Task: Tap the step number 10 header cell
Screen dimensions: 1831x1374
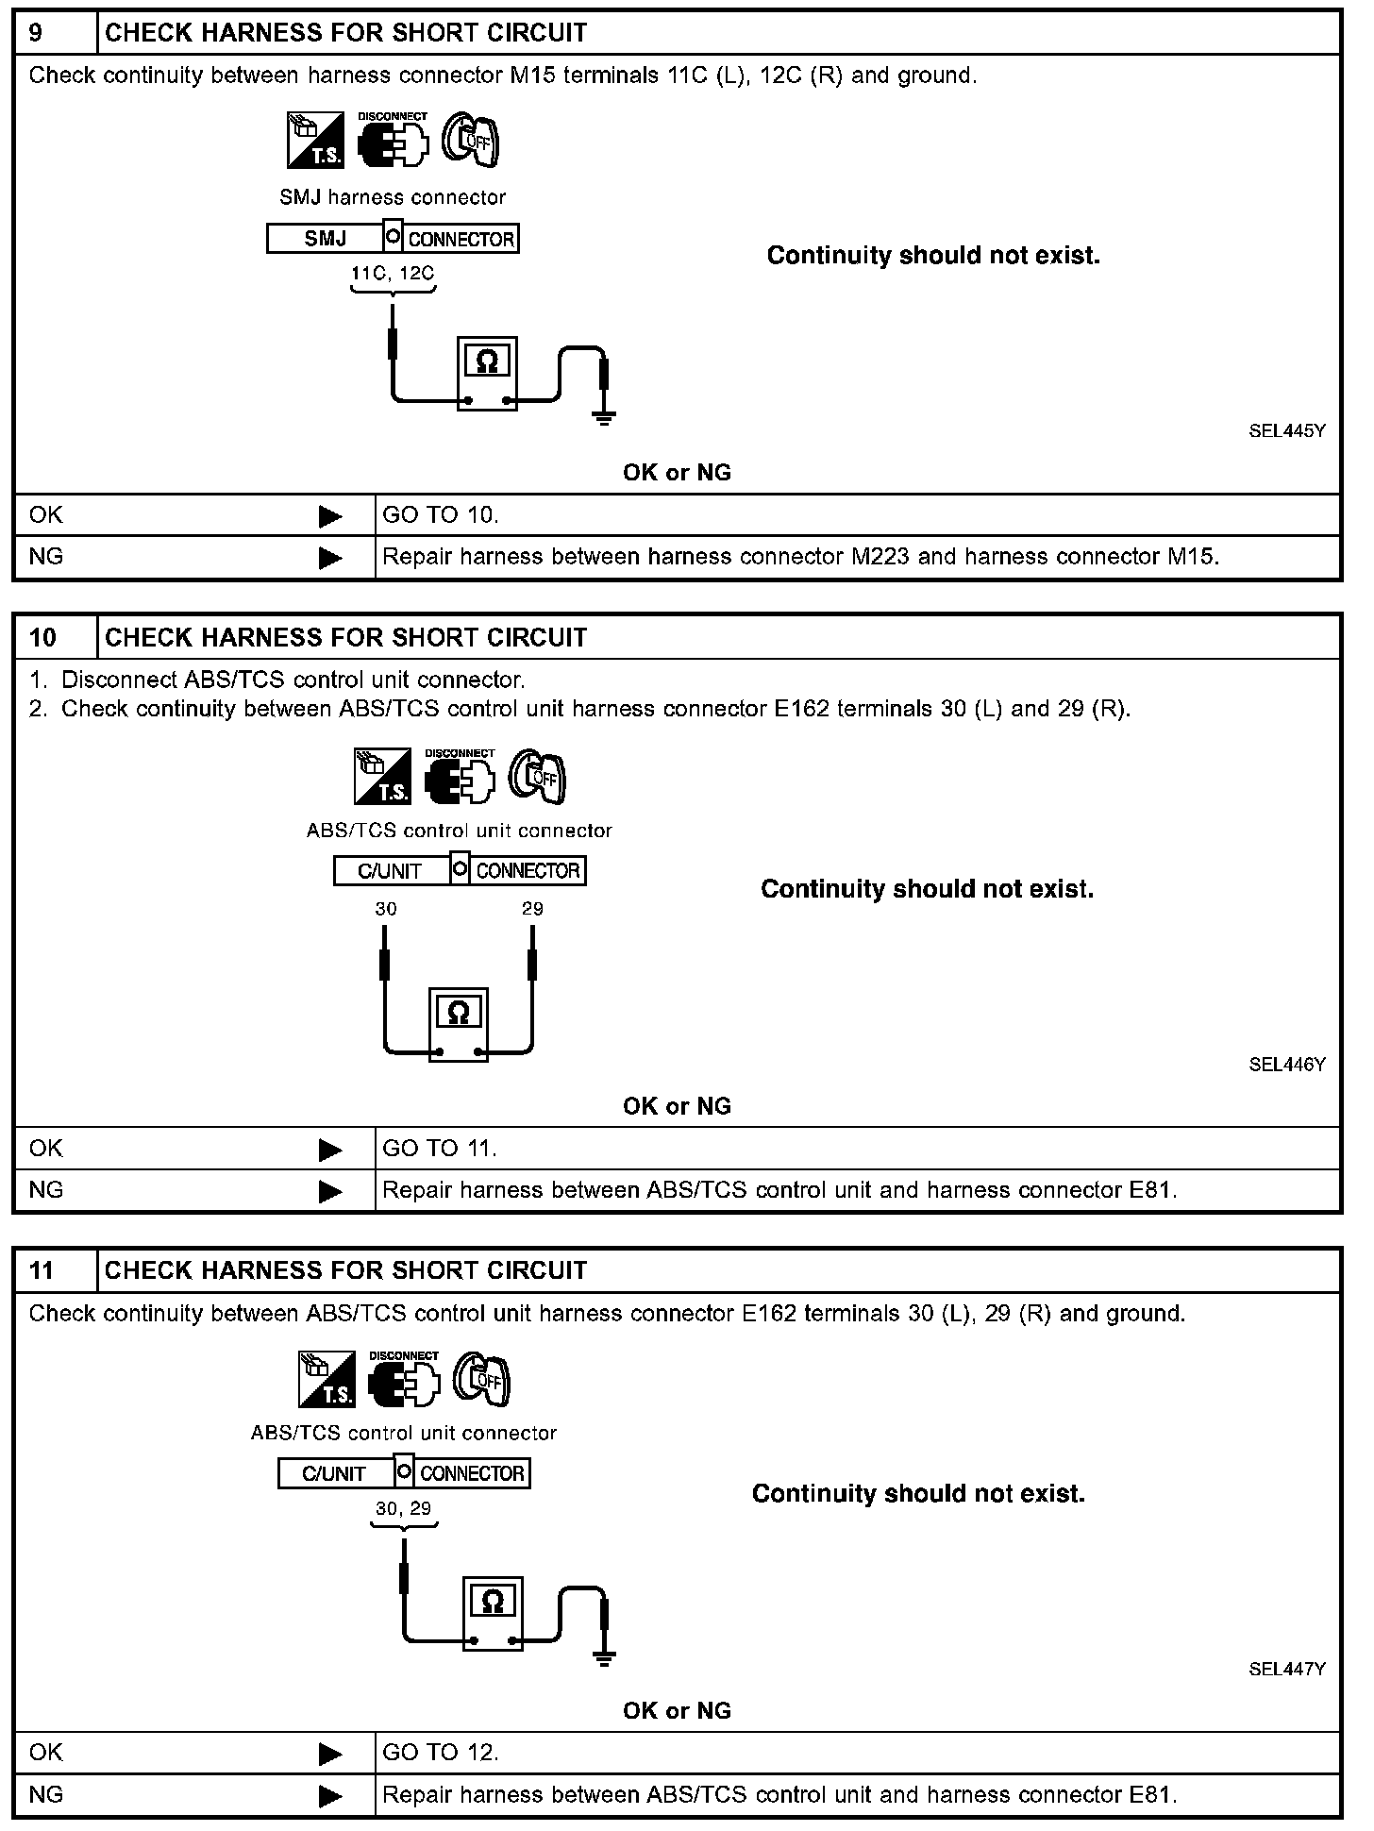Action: [43, 638]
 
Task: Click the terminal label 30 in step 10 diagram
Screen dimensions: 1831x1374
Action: [386, 910]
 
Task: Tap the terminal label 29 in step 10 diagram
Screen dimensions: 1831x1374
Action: [532, 910]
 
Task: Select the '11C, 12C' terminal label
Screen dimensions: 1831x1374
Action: [393, 275]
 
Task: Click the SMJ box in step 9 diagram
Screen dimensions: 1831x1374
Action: [325, 239]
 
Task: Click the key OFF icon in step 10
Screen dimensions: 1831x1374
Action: [537, 778]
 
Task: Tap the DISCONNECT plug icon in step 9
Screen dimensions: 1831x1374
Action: [393, 142]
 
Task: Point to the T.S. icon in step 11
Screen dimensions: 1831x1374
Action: [327, 1380]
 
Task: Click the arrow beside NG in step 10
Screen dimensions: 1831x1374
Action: [330, 1191]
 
